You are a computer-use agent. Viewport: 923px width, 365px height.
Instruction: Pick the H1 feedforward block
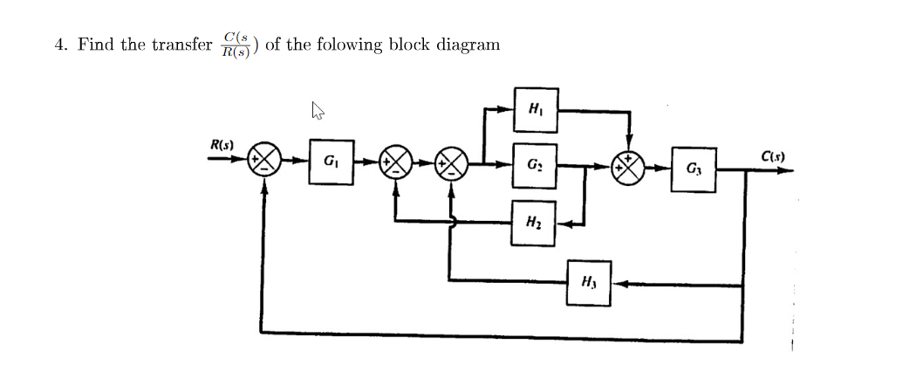point(534,109)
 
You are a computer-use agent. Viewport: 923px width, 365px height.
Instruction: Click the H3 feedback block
point(588,282)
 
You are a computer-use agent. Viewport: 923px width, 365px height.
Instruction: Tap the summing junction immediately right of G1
point(398,163)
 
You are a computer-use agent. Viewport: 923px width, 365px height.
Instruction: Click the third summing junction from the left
point(452,163)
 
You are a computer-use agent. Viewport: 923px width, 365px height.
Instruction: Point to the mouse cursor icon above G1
point(318,110)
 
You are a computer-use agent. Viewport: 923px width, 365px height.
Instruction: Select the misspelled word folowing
point(352,45)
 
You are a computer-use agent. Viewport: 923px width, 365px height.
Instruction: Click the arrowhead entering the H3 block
point(618,283)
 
